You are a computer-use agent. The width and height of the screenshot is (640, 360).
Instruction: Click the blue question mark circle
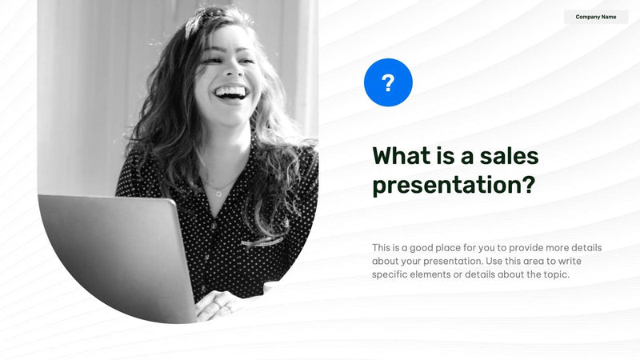coord(388,82)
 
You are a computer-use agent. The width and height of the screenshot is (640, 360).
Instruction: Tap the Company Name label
coord(596,17)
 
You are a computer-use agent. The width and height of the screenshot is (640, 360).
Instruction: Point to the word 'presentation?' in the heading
coord(454,186)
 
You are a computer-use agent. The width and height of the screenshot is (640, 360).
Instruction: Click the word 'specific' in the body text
coord(390,275)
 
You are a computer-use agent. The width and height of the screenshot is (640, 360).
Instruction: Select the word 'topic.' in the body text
coord(554,275)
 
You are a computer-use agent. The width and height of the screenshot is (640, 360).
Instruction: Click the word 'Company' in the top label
coord(588,17)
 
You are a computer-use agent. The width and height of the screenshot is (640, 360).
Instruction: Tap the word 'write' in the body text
coord(581,262)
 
